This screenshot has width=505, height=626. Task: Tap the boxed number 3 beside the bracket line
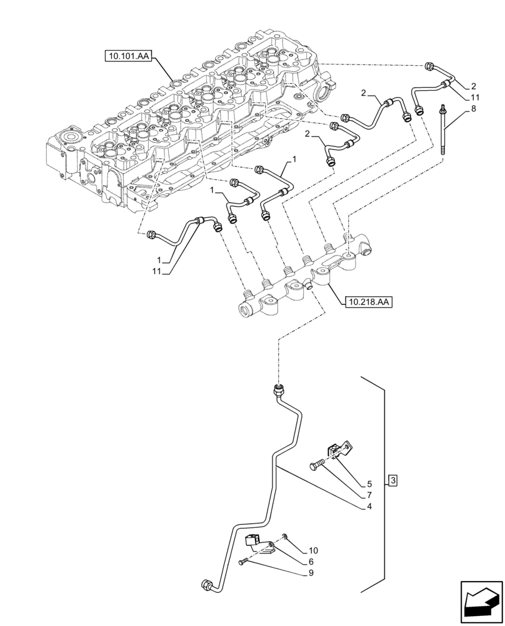tap(392, 480)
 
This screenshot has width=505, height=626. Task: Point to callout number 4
tap(369, 506)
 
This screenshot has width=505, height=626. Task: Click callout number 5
tap(369, 483)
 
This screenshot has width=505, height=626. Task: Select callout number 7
tap(369, 495)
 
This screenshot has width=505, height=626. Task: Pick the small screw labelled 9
tap(244, 563)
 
